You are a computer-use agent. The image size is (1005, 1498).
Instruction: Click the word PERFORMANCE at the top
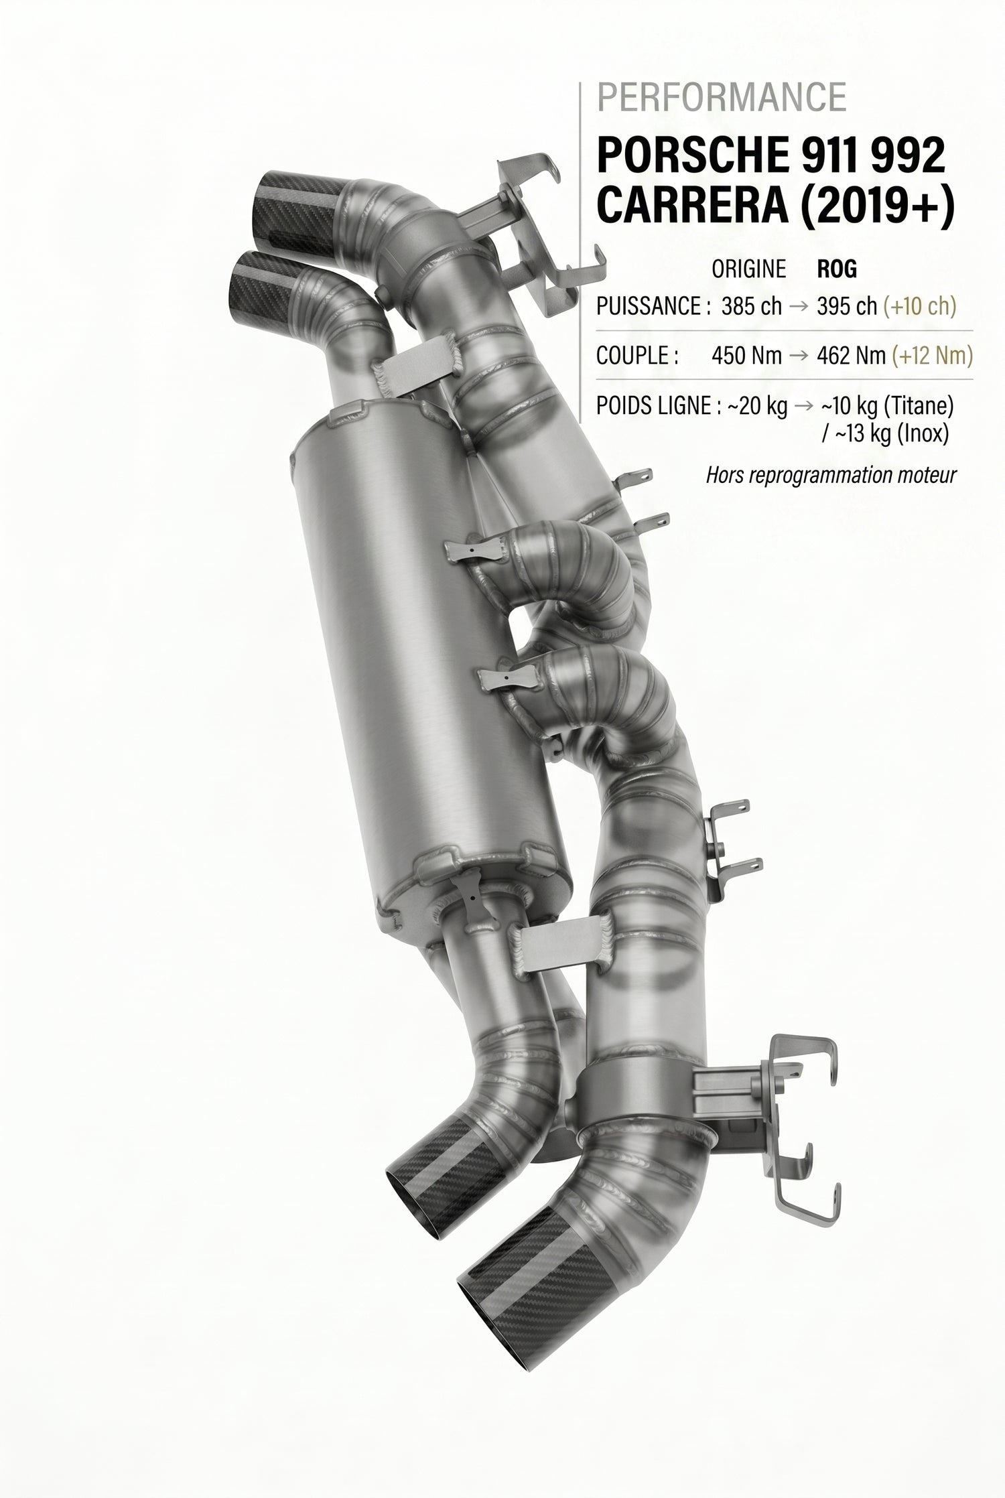[722, 98]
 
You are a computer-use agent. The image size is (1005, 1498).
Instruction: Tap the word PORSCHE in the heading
[689, 156]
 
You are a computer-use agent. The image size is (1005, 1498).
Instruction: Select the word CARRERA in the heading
[691, 208]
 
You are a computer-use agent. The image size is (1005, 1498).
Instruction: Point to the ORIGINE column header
[748, 269]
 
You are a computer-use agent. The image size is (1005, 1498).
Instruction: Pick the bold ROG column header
[837, 269]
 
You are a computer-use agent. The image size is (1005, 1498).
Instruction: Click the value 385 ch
[752, 306]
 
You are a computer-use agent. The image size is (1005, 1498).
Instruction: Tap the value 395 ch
[846, 306]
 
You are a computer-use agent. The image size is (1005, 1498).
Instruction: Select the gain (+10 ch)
[919, 306]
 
